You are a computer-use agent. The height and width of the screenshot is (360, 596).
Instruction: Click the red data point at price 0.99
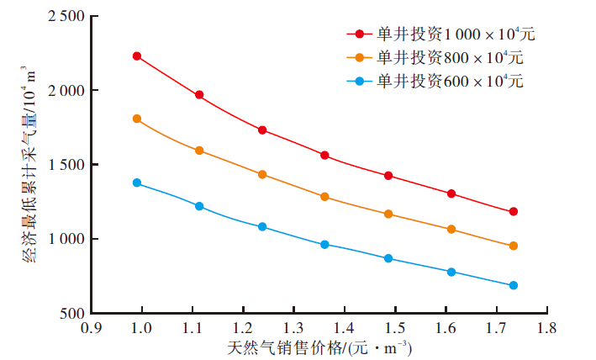(x=137, y=56)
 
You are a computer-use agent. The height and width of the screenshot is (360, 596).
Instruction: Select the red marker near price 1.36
(x=324, y=156)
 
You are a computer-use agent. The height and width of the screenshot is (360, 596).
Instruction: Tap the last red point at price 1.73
(x=514, y=211)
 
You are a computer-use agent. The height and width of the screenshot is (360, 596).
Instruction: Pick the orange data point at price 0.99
(x=137, y=119)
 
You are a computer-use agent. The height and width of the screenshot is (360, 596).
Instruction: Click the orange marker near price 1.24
(x=262, y=174)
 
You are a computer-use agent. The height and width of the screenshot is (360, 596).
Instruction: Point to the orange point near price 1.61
(x=451, y=229)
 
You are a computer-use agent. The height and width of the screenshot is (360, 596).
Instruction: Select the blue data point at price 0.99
(x=137, y=183)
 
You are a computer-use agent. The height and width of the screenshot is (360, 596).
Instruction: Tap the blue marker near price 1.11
(x=199, y=206)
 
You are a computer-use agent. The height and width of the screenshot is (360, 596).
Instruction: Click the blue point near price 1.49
(x=388, y=258)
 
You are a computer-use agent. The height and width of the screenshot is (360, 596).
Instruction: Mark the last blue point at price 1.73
(x=514, y=285)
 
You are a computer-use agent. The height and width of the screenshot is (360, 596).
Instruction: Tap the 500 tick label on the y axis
(x=70, y=314)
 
